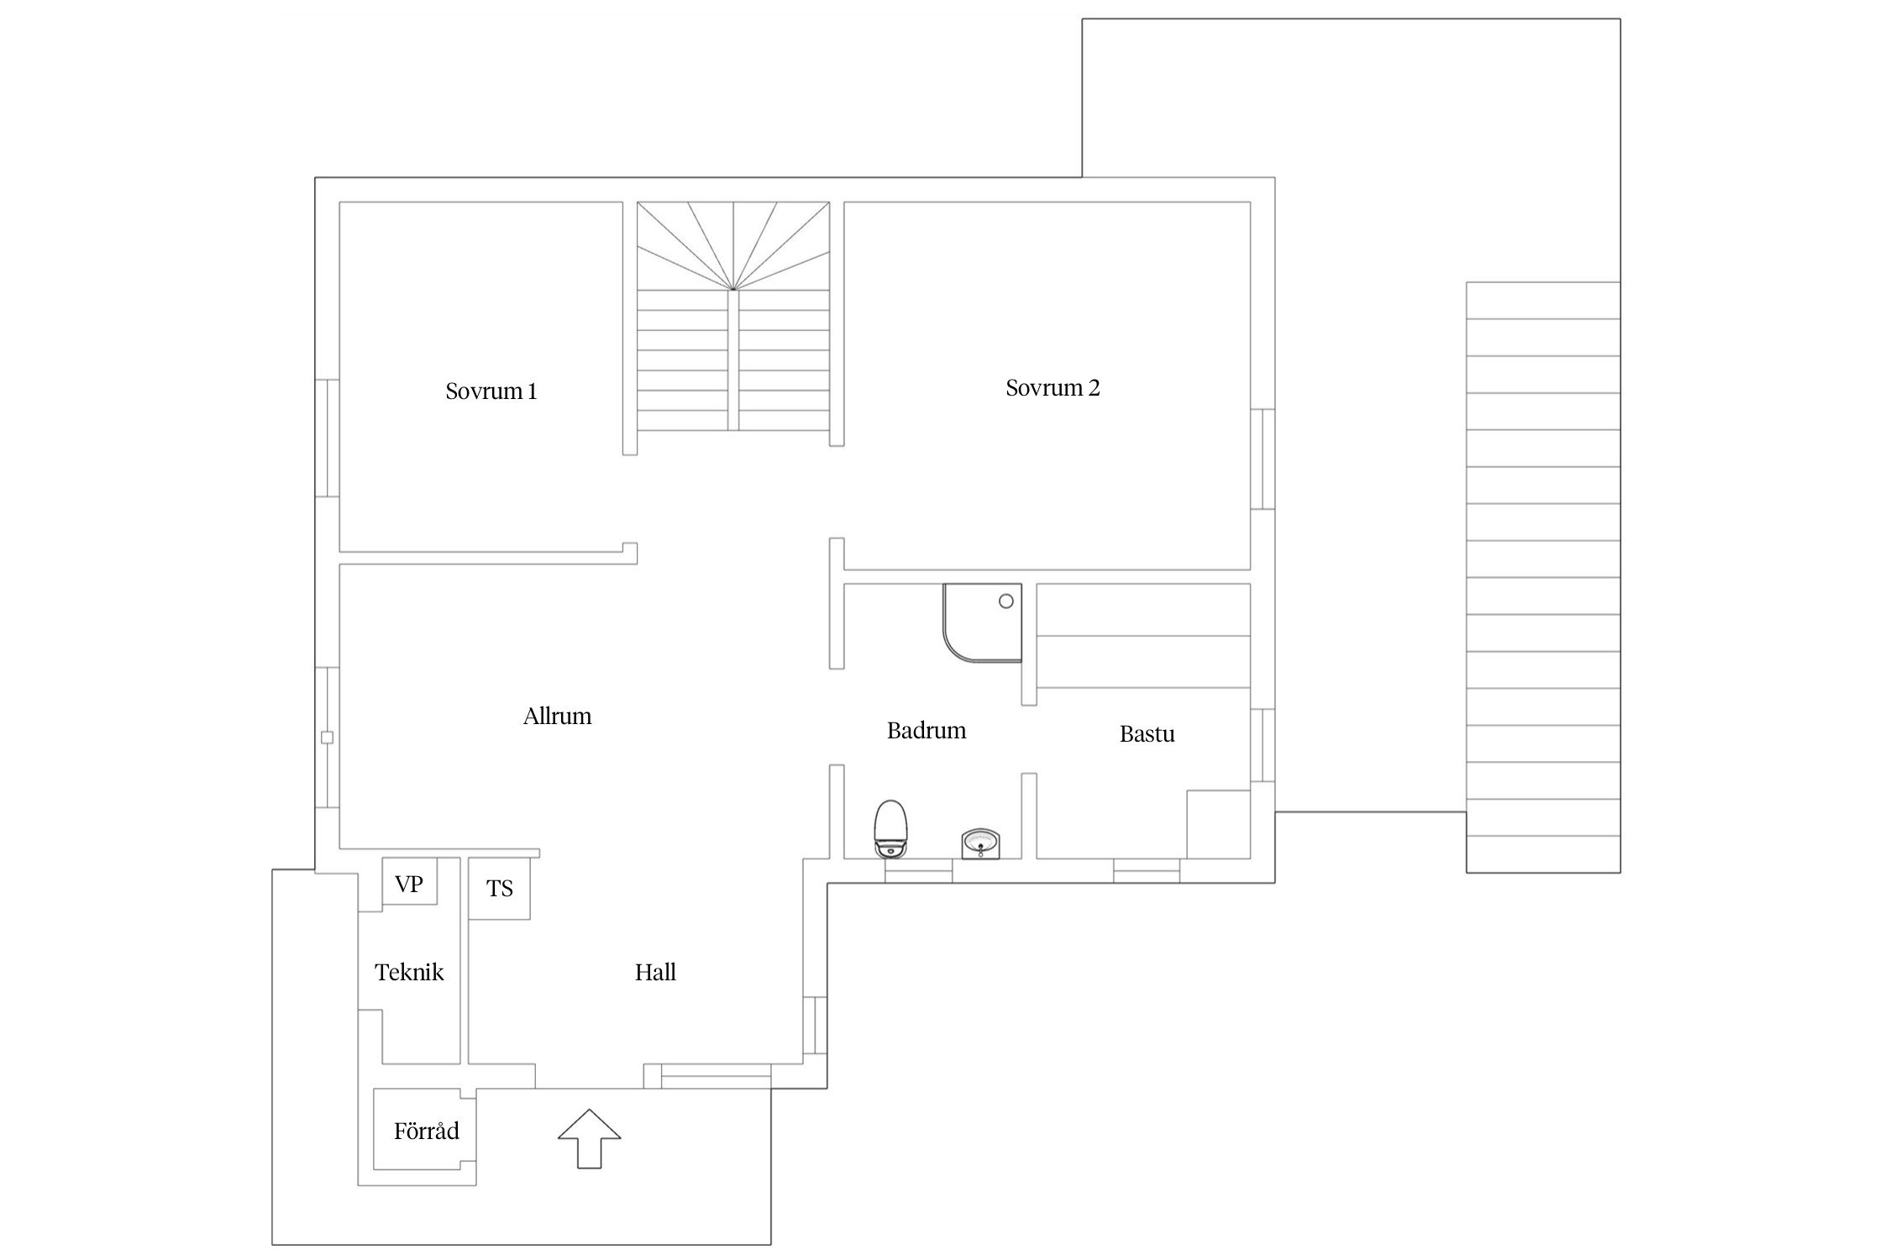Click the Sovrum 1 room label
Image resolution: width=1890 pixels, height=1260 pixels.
click(491, 391)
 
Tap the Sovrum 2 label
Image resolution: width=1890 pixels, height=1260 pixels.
click(1053, 388)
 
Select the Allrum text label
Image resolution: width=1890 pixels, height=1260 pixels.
click(558, 717)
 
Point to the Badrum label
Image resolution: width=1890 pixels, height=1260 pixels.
click(927, 731)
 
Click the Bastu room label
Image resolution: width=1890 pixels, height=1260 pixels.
click(1147, 734)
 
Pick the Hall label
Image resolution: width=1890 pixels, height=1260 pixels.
click(655, 973)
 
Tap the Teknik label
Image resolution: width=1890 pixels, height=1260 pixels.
click(409, 973)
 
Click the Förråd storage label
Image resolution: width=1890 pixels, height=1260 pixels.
click(427, 1131)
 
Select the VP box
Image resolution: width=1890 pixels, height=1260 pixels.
click(410, 881)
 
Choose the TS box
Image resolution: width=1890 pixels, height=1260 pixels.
click(499, 888)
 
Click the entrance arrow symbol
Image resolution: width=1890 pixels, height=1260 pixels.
click(590, 1138)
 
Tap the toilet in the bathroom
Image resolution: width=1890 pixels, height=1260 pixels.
click(890, 829)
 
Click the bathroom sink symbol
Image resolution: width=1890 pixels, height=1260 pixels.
click(980, 844)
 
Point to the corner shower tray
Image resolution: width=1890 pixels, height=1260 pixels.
click(983, 623)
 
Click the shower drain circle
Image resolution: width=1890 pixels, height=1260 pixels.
click(1005, 601)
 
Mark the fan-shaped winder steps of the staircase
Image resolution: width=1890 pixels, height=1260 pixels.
click(733, 246)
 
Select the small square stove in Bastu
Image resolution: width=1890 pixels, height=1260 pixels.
click(1218, 824)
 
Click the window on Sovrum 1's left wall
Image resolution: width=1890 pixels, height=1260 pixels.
click(327, 438)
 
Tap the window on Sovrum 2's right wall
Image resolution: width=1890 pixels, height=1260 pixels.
click(1263, 459)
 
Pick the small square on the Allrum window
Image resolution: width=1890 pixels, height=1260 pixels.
click(327, 738)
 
